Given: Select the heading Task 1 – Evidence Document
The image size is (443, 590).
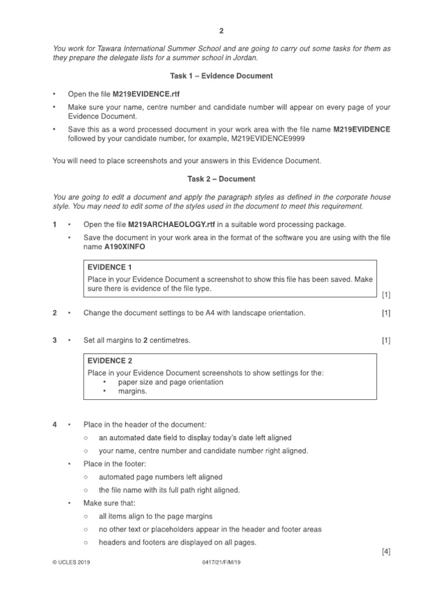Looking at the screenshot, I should tap(221, 76).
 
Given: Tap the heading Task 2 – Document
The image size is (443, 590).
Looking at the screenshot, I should tap(221, 179).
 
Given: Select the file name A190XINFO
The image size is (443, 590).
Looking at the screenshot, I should tap(125, 246).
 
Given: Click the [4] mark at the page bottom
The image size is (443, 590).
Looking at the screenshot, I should tap(386, 551).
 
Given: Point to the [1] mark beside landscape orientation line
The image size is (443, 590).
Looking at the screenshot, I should tap(386, 313).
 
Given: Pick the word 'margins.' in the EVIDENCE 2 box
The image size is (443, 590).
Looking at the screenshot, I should tap(133, 391).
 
